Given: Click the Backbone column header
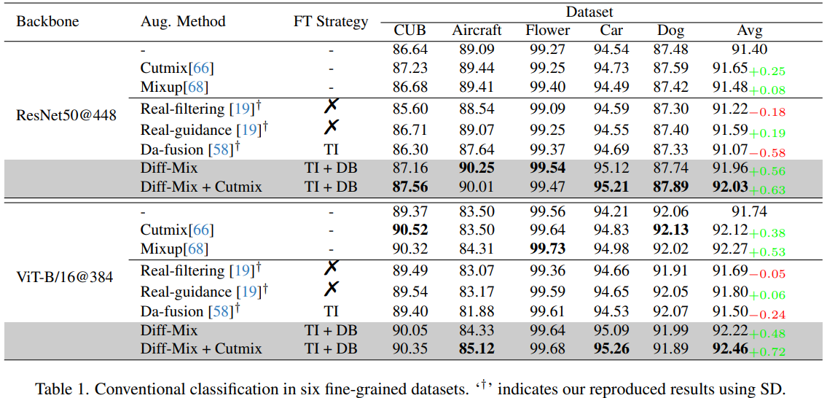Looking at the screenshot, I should [x=47, y=21].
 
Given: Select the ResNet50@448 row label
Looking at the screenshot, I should [x=66, y=115].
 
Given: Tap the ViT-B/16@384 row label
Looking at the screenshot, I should [x=65, y=277].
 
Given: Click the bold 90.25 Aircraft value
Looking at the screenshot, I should [x=477, y=168].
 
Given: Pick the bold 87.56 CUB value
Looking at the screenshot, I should [x=410, y=187].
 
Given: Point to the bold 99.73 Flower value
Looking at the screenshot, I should [x=547, y=249].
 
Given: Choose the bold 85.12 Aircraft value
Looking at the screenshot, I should [x=477, y=348].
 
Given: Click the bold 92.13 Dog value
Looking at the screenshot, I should [x=670, y=230].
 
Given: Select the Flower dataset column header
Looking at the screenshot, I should [x=547, y=31].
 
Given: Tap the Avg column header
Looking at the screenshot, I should [x=750, y=31].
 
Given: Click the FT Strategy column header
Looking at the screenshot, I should [x=331, y=21].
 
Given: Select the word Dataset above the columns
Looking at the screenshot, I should [x=589, y=12].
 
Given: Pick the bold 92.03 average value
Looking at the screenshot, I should [x=730, y=187].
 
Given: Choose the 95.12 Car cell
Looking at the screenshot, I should [x=611, y=168].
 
